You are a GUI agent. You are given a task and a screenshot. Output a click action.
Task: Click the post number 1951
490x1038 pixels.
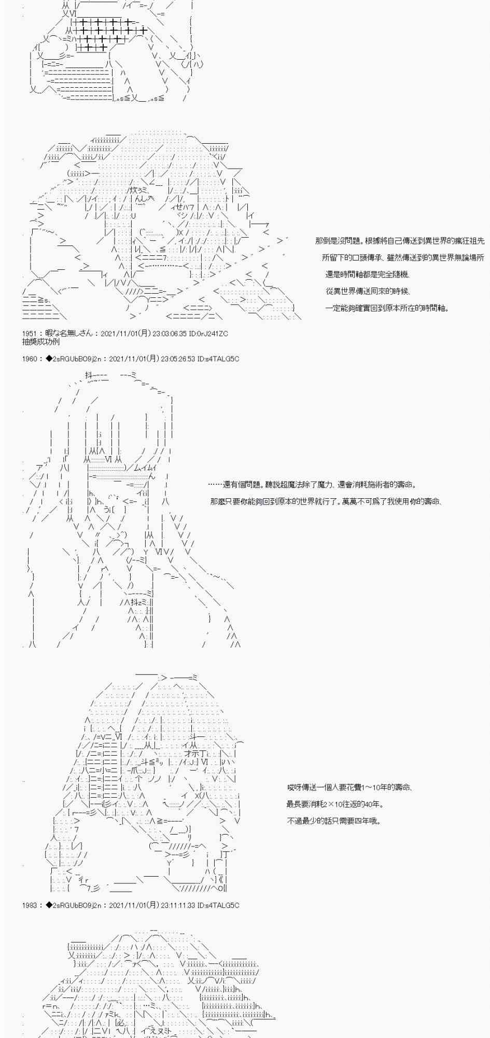(x=30, y=334)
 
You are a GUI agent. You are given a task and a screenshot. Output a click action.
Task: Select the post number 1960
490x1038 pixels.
(x=30, y=359)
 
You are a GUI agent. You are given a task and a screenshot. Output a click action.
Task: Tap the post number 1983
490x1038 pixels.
(x=30, y=905)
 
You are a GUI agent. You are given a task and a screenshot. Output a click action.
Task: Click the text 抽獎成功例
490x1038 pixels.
(x=41, y=342)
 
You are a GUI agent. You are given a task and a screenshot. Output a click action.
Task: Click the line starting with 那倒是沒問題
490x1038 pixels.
(x=399, y=241)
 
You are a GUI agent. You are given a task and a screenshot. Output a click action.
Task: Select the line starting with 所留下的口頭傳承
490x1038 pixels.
(x=403, y=257)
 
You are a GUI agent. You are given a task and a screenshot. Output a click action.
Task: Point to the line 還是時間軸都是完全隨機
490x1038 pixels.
(x=371, y=275)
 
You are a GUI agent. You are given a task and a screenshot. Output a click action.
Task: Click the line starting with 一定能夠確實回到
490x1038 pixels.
(x=387, y=308)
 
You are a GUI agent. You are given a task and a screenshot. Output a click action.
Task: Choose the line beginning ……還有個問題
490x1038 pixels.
(x=312, y=485)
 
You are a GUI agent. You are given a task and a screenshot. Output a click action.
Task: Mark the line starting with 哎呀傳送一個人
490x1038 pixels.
(x=349, y=787)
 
